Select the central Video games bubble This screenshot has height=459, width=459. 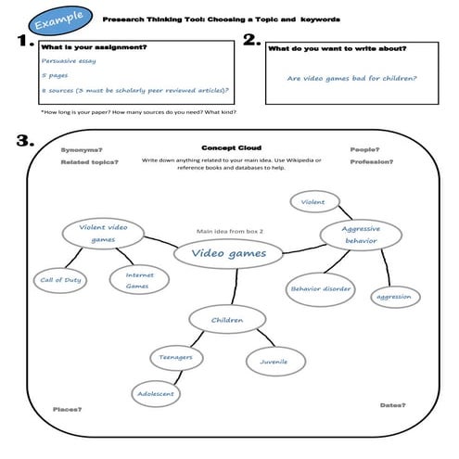click(x=228, y=252)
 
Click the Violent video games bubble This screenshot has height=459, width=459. click(x=103, y=233)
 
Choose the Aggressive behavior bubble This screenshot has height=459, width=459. click(x=362, y=235)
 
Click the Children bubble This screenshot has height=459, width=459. click(x=227, y=321)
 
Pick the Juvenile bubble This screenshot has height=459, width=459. click(x=274, y=361)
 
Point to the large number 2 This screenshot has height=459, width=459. click(x=251, y=41)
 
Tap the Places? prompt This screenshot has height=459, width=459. click(x=65, y=410)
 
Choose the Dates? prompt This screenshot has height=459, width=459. click(x=394, y=405)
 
